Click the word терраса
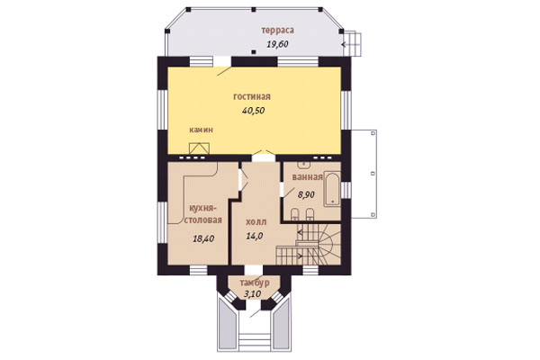(277, 31)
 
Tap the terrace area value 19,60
(277, 44)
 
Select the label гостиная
(252, 97)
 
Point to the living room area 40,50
(254, 111)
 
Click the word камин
(201, 130)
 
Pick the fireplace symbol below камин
(200, 148)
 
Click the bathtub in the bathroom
(332, 189)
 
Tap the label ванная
(308, 177)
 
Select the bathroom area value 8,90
(306, 194)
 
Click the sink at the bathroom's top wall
(304, 165)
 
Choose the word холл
(256, 222)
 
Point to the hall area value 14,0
(255, 236)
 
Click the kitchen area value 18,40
(203, 238)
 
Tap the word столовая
(202, 220)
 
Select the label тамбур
(255, 283)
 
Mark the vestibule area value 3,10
(252, 294)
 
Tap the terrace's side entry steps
(354, 44)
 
